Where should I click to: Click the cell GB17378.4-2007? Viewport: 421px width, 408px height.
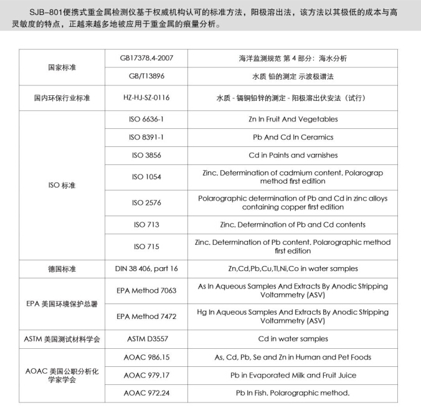click(146, 58)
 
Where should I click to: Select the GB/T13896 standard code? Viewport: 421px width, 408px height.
click(146, 78)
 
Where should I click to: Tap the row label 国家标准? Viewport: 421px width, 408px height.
click(62, 67)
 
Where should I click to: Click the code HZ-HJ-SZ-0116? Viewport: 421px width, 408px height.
click(146, 98)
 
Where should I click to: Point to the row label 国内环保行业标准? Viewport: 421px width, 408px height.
click(62, 98)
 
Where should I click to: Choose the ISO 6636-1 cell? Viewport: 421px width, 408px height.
click(146, 119)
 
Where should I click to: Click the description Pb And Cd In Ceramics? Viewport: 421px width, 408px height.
click(292, 137)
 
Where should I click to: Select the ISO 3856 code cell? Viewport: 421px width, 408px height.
click(146, 155)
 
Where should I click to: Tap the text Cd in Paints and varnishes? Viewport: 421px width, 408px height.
click(292, 155)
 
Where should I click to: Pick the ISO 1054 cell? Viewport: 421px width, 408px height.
click(146, 177)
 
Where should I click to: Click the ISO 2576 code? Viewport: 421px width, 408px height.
click(146, 202)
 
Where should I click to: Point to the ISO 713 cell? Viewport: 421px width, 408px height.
click(146, 224)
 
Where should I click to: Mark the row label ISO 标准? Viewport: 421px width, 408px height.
click(62, 185)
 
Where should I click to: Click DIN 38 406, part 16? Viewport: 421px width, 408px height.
click(146, 268)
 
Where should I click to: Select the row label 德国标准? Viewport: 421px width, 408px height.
click(62, 268)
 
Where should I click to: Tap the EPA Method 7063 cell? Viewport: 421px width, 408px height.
click(146, 290)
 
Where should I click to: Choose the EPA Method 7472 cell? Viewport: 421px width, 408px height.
click(146, 316)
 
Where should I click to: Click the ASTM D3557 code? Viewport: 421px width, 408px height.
click(146, 339)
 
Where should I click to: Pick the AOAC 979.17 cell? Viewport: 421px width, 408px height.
click(146, 375)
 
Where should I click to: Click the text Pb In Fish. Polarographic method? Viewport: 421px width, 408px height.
click(292, 393)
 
